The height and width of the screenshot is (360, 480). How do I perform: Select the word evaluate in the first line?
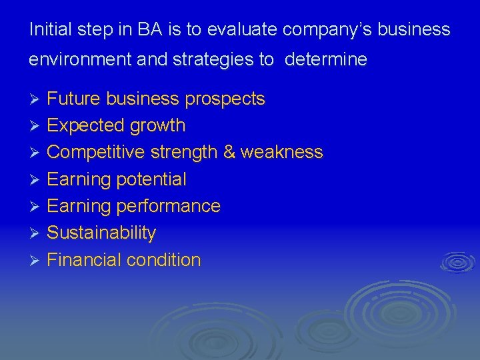tap(243, 30)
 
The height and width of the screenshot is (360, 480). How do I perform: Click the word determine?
tap(325, 60)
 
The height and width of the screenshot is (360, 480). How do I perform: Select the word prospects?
tap(225, 100)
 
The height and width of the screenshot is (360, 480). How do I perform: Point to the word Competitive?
tap(96, 153)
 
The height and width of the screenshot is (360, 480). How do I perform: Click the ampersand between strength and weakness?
tap(229, 153)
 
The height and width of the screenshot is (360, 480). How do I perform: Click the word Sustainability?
tap(101, 233)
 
